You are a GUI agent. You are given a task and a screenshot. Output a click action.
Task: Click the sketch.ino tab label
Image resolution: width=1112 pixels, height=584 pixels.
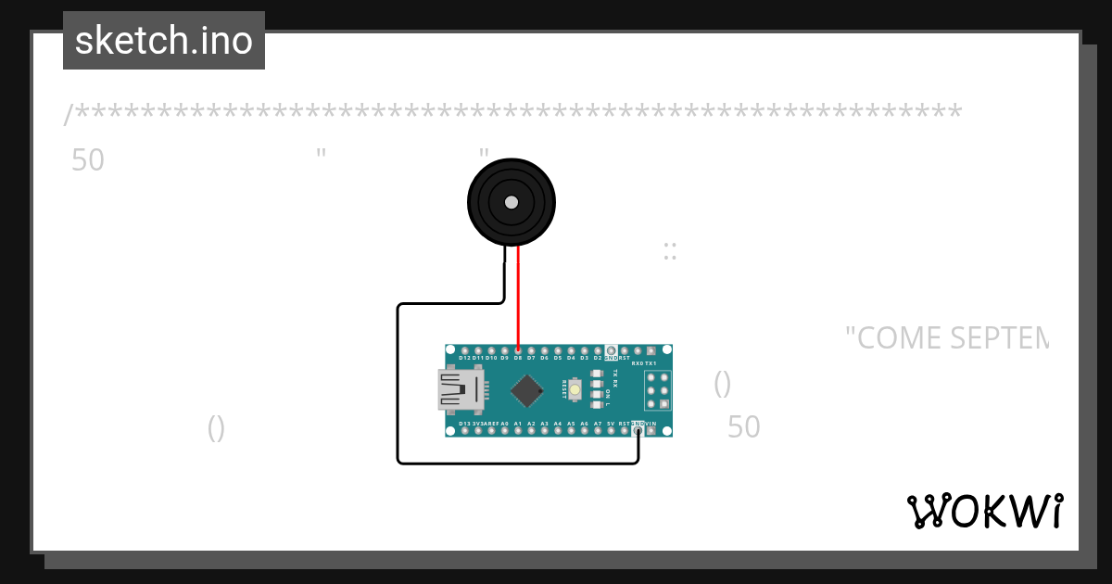164,41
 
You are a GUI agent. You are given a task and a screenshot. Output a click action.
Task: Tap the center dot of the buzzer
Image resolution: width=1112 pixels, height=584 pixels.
511,202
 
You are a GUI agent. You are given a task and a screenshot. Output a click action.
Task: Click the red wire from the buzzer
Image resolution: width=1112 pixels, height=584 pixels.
518,297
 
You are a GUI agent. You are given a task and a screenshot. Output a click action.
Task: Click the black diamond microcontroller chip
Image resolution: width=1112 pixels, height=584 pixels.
526,390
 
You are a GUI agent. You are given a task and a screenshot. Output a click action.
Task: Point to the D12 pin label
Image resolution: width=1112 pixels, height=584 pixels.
464,358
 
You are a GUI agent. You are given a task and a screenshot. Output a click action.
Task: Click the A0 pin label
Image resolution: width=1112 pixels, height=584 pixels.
504,424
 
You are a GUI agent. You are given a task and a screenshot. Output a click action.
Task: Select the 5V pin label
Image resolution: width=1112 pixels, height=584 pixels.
611,424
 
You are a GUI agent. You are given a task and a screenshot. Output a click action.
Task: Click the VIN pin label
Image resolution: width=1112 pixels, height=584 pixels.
651,424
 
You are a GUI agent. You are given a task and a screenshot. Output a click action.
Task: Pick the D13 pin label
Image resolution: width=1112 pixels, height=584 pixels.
464,424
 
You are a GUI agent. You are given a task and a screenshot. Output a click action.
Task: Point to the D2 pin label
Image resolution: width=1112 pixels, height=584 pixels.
598,358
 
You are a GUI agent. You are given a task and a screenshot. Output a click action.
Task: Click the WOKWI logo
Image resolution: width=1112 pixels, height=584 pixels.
984,511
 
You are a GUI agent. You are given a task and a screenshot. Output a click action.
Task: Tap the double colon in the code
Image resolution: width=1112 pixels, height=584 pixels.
669,251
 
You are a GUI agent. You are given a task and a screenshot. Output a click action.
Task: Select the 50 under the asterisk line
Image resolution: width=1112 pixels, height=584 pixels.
88,160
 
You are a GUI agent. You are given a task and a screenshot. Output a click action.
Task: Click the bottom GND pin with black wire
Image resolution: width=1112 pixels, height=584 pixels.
638,430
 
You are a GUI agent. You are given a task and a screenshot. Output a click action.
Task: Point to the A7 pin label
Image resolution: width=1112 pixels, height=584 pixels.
598,424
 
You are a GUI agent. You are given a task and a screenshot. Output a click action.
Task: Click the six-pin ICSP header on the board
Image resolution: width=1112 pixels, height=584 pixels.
658,390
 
